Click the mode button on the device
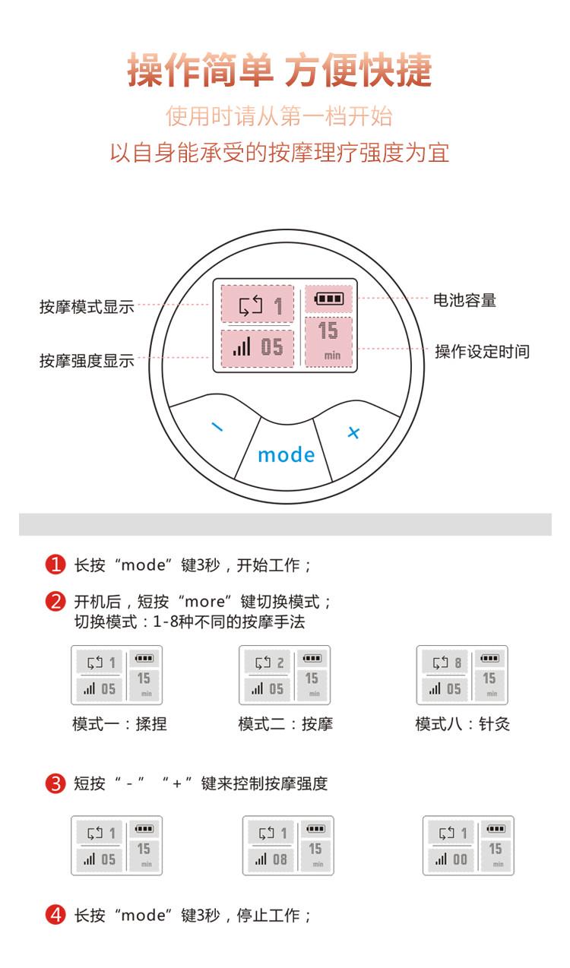[x=286, y=454]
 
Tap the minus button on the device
[x=217, y=427]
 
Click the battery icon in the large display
[x=328, y=299]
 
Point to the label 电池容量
[x=464, y=300]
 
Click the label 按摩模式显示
[x=87, y=307]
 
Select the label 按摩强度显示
[x=87, y=361]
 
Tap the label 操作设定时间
[x=482, y=352]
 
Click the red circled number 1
[x=55, y=565]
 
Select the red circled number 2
[x=55, y=603]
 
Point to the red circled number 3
[x=55, y=784]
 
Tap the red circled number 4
[x=55, y=916]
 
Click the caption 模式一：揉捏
[x=119, y=724]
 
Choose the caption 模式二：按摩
[x=285, y=724]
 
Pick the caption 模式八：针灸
[x=462, y=724]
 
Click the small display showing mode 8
[x=462, y=675]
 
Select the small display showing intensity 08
[x=288, y=846]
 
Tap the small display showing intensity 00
[x=468, y=846]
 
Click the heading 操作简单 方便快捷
[x=280, y=71]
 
